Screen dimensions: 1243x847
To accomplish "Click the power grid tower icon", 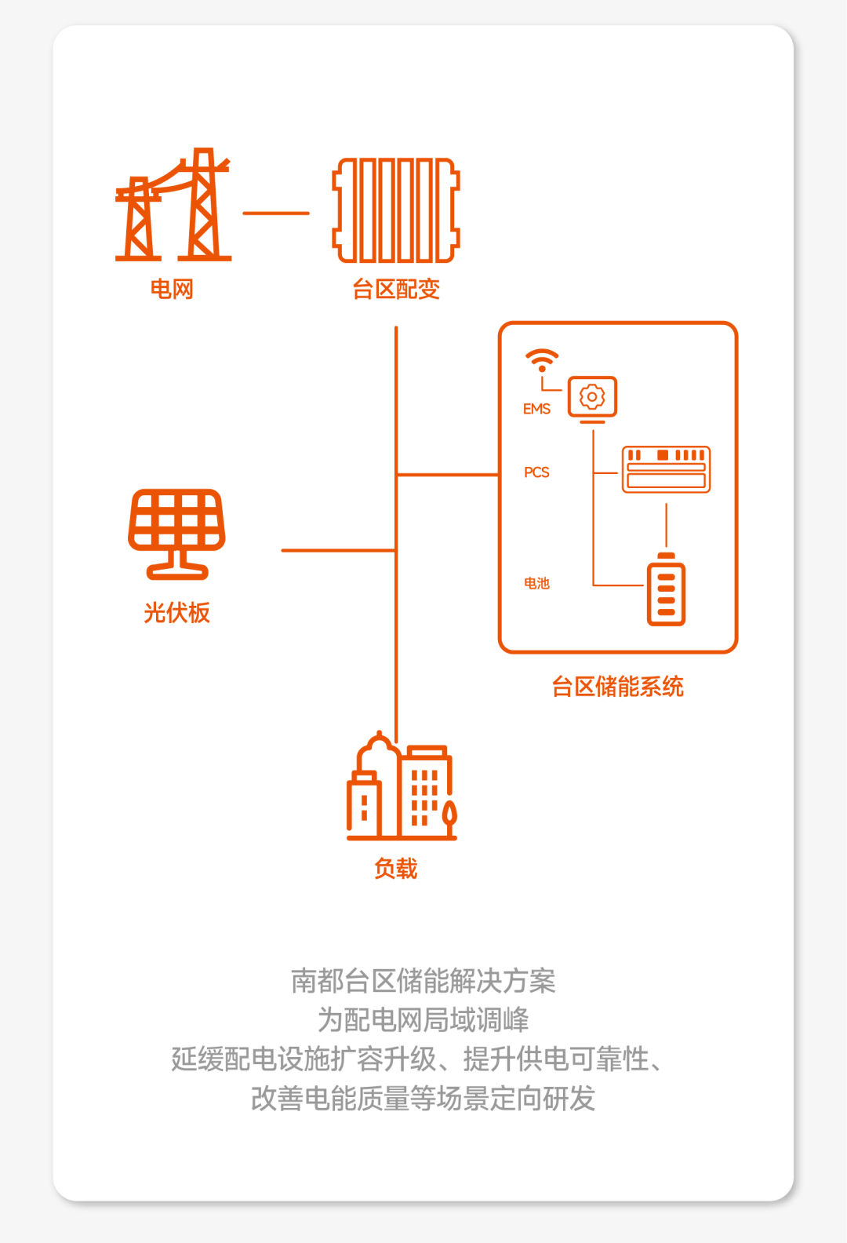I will click(173, 206).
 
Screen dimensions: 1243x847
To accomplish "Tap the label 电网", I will click(172, 290).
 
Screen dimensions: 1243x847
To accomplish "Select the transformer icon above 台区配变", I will click(396, 210).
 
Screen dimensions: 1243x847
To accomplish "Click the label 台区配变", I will click(396, 290).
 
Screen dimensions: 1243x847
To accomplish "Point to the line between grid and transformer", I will click(276, 213).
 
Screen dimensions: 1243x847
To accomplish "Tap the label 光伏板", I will click(177, 613).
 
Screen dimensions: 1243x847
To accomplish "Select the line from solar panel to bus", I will click(338, 550).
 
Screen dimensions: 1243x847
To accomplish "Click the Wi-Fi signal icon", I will click(542, 360).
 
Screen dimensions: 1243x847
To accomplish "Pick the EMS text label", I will click(537, 409).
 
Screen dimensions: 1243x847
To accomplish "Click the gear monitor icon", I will click(592, 398).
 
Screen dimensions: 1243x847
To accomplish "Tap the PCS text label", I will click(537, 472).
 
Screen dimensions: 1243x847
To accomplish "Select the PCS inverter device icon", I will click(666, 469).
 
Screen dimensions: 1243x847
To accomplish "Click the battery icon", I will click(666, 590).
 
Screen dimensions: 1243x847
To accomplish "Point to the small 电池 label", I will click(537, 583).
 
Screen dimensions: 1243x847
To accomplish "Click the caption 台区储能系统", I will click(618, 687).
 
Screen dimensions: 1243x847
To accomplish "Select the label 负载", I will click(396, 869).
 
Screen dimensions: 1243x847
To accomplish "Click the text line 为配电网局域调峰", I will click(423, 1020).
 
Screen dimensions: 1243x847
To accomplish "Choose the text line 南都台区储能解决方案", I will click(423, 981).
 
